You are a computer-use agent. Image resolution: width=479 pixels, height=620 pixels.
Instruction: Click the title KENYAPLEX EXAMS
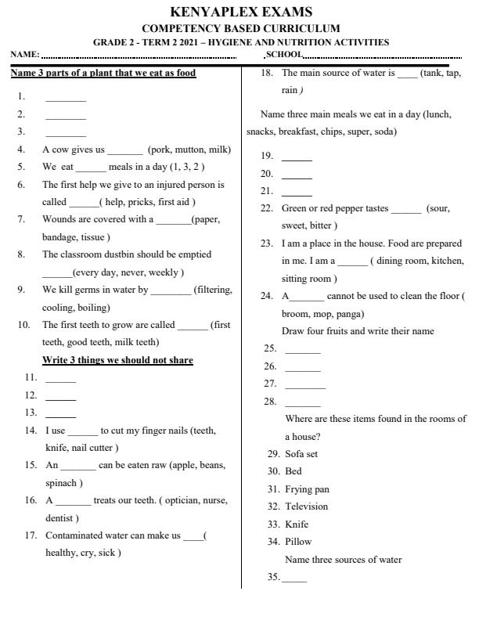point(240,13)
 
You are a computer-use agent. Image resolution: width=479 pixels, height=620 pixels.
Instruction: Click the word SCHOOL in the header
point(283,54)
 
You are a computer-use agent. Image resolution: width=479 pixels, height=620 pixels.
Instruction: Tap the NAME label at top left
point(24,55)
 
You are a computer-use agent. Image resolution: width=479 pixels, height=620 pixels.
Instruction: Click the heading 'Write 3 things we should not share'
point(117,360)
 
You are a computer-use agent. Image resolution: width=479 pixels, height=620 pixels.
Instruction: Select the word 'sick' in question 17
point(111,552)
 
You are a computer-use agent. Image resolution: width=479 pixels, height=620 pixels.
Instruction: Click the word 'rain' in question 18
point(290,90)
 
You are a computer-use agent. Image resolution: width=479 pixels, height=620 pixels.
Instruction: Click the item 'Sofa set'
point(301,454)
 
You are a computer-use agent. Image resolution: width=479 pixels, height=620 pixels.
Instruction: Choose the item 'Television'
point(306,506)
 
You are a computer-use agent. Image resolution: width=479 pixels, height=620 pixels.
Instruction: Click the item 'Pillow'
point(297,541)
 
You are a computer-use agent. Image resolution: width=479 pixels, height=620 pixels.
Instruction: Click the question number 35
point(273,578)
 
